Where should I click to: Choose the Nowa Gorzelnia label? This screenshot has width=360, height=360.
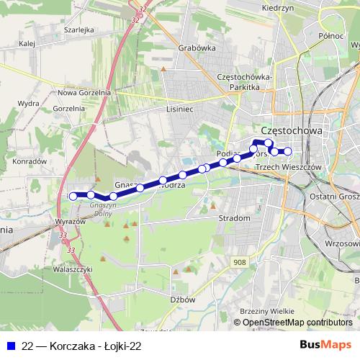84,93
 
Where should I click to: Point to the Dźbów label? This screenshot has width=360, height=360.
184,299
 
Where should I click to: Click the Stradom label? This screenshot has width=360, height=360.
234,217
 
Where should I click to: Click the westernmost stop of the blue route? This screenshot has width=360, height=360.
73,196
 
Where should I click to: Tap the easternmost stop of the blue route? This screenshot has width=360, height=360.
287,151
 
